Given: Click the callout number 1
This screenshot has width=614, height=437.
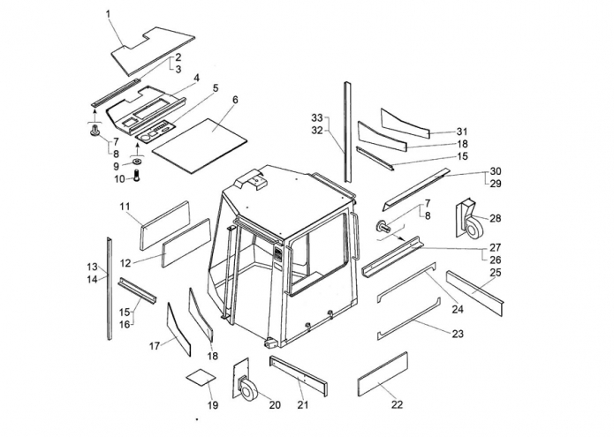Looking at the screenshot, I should click(x=108, y=14).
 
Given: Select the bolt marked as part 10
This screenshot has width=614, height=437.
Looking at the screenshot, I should click(x=138, y=178).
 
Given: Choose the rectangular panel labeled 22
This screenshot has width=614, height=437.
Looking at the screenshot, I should click(x=382, y=373).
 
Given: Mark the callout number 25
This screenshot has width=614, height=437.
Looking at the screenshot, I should click(x=495, y=272).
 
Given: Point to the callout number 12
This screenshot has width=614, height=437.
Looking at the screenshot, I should click(x=125, y=262).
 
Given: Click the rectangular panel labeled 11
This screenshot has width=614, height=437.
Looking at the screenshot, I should click(x=165, y=225).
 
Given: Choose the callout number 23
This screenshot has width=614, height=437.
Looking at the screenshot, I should click(x=457, y=335).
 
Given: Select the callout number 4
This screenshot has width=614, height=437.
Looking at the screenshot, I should click(x=196, y=78).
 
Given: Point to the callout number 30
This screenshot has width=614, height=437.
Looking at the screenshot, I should click(x=495, y=171).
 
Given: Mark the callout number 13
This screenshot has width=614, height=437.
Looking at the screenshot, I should click(x=91, y=267).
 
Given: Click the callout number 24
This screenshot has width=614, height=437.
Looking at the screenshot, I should click(x=457, y=309).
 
